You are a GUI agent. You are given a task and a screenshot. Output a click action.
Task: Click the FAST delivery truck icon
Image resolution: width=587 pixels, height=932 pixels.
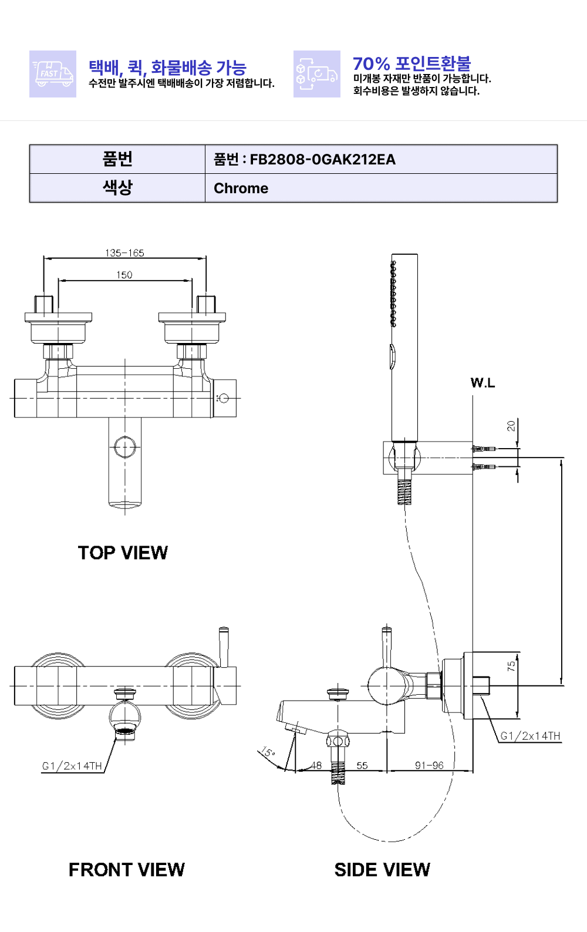click(52, 74)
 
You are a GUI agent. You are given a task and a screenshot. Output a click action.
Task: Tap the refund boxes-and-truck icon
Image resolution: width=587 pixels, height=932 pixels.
click(316, 74)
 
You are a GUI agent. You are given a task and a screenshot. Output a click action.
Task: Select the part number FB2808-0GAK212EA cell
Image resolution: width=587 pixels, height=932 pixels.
click(381, 159)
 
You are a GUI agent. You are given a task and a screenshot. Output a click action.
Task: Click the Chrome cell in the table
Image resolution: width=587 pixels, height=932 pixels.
click(381, 188)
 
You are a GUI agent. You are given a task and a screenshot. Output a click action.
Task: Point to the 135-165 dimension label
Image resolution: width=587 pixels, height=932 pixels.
click(124, 253)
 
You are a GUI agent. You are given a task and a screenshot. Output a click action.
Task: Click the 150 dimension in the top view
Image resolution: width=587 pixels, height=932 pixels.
click(124, 275)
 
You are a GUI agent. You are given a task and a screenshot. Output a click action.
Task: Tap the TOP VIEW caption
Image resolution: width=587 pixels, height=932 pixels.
click(123, 553)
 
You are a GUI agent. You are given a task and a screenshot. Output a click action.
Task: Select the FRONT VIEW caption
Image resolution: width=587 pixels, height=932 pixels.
click(126, 870)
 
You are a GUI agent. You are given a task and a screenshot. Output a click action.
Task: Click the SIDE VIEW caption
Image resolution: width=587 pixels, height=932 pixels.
click(382, 870)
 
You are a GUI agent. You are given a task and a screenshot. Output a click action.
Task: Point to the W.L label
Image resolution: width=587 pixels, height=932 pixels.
click(483, 383)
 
